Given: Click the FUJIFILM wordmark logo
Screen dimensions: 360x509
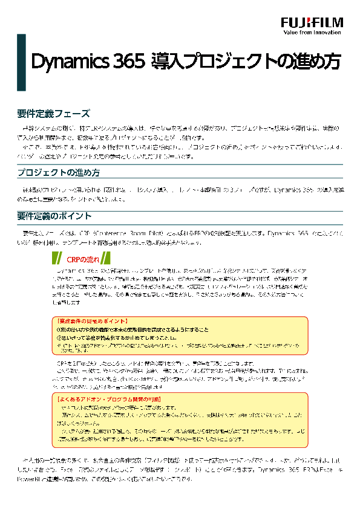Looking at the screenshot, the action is point(312,22).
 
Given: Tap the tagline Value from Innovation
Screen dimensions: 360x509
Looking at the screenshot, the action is point(312,33).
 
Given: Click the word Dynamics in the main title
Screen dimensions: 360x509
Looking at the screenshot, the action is point(66,62).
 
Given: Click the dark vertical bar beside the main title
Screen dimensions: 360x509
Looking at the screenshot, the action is point(21,62).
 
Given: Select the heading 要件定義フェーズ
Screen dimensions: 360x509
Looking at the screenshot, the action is point(54,114).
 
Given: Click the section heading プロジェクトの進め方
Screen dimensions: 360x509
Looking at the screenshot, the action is point(59,173).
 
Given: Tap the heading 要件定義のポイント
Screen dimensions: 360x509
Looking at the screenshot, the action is point(54,216).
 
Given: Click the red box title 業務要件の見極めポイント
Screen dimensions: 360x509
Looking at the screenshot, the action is point(91,321).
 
